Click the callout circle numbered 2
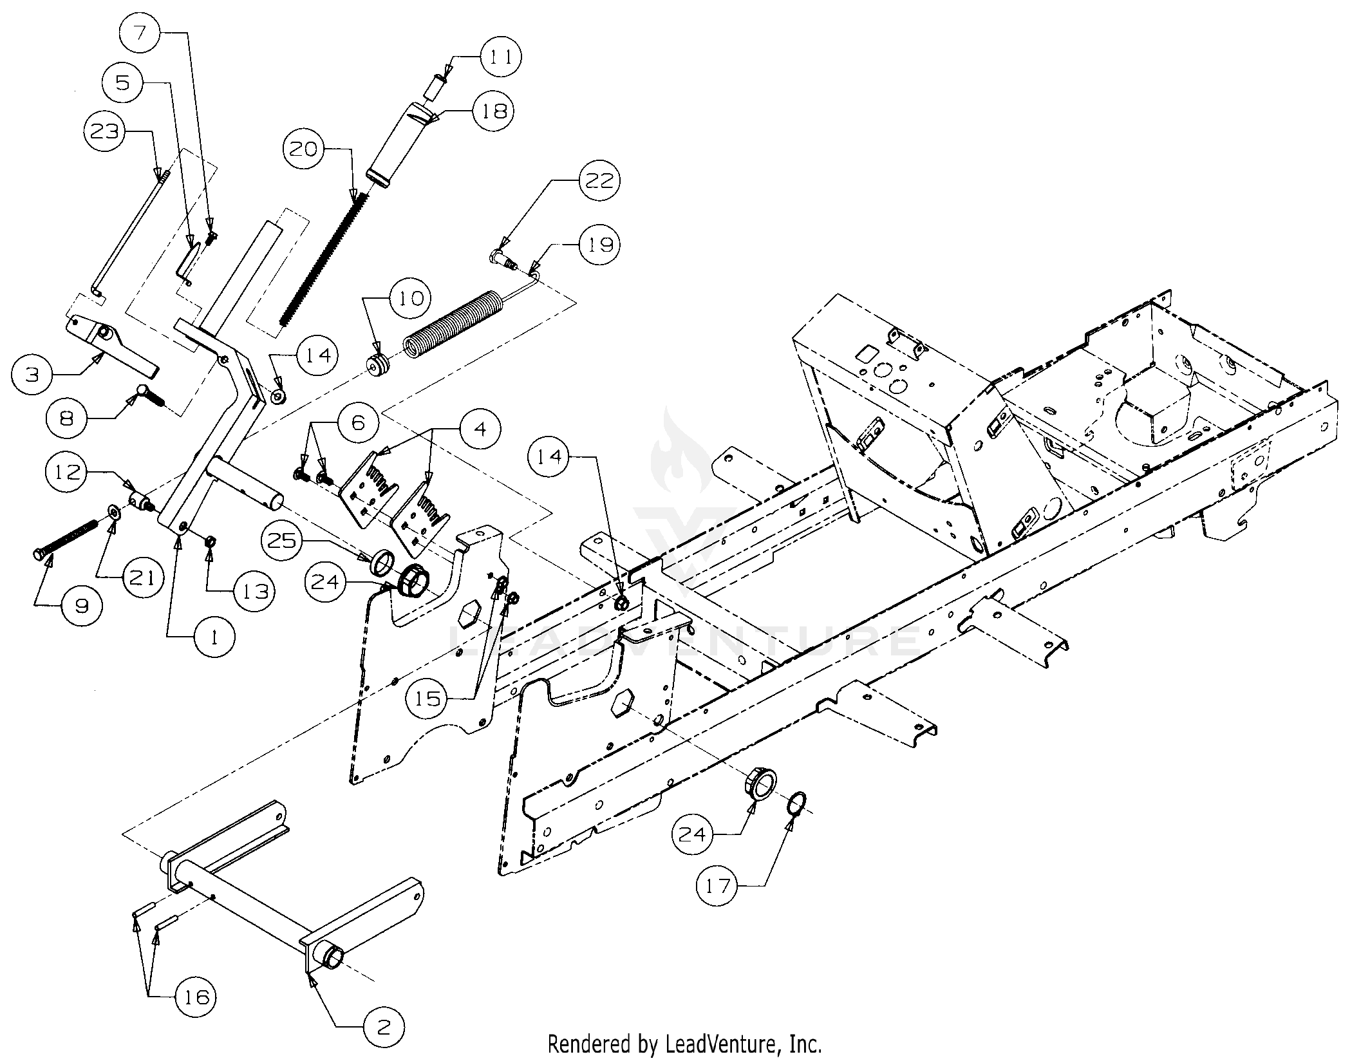pos(383,1027)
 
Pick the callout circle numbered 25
pos(282,540)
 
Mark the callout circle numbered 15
pos(428,698)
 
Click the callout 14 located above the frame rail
pos(549,456)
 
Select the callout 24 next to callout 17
pos(693,835)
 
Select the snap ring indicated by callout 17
pos(798,804)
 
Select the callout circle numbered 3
pos(33,373)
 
